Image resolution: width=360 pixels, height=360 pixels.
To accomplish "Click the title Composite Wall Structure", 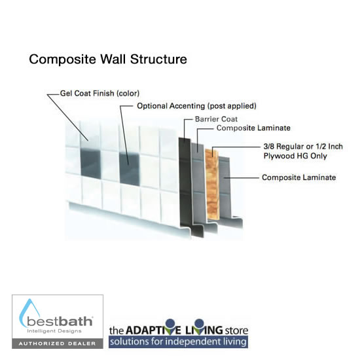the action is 108,59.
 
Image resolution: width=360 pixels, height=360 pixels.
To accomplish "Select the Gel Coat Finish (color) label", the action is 99,94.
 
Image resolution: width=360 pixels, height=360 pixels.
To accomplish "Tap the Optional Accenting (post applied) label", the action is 196,106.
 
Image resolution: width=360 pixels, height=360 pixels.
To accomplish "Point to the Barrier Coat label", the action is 216,119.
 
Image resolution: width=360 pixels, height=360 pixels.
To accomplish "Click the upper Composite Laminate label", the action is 253,128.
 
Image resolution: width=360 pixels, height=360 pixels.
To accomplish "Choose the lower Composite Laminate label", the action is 299,177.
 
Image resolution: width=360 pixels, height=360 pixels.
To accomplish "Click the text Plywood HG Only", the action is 295,156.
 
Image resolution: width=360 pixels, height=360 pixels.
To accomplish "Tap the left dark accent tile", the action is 91,163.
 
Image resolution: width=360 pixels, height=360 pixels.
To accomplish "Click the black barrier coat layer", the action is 185,184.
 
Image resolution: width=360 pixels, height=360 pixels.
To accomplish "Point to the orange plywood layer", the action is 212,184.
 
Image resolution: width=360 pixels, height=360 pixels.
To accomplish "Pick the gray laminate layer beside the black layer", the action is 198,184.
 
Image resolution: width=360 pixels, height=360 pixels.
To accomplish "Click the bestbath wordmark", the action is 60,321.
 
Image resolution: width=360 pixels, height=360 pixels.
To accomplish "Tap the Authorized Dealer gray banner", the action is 58,344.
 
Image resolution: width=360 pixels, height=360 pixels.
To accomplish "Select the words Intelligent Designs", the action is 54,331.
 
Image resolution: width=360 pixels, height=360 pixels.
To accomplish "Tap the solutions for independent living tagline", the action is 178,342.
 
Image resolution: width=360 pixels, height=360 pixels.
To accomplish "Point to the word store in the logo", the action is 236,331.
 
